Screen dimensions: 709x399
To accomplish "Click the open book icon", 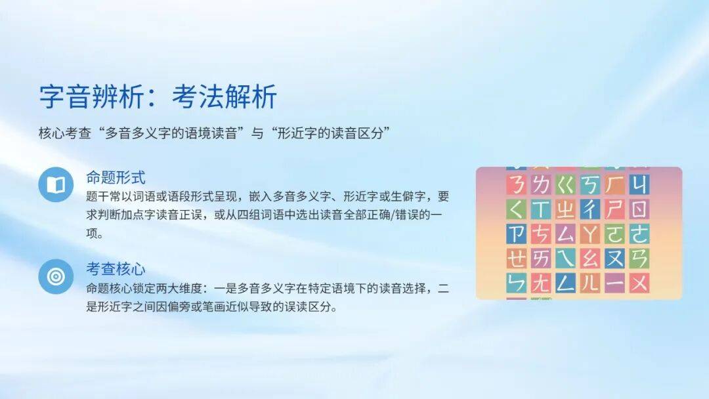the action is click(x=56, y=184).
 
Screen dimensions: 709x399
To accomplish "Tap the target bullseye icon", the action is click(x=56, y=276).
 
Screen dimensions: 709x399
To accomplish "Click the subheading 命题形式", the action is click(x=116, y=178).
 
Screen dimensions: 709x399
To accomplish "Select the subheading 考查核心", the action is click(x=116, y=269).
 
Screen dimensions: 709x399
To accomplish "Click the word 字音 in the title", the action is click(x=66, y=96).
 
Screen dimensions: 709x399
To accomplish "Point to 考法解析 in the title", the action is click(x=225, y=96).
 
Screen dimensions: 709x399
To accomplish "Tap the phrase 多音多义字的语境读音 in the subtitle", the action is click(x=171, y=133).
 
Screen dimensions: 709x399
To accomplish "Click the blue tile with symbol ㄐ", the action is click(x=639, y=184).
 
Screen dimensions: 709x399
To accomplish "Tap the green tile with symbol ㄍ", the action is click(x=565, y=184).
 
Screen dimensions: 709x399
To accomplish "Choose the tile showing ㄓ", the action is click(x=565, y=209).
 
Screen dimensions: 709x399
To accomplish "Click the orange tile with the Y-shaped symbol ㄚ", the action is click(x=590, y=234).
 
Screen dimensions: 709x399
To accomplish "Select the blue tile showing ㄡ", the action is click(x=614, y=259).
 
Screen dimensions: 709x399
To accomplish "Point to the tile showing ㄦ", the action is click(x=590, y=283).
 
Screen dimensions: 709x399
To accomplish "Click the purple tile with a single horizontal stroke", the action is click(x=614, y=283).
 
